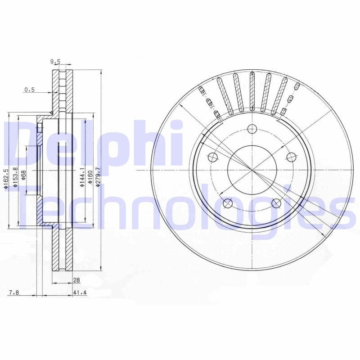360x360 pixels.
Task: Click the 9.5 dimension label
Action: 55,62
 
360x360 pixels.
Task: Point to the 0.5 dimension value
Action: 29,90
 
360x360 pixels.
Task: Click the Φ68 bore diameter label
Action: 23,175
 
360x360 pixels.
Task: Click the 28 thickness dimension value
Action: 76,280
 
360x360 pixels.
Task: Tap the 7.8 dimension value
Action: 14,293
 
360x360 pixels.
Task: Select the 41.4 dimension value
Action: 79,293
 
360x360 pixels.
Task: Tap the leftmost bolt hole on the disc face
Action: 213,157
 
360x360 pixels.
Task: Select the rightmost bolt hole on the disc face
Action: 291,157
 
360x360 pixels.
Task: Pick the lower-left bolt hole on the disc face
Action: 228,203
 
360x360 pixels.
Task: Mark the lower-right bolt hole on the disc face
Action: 276,203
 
